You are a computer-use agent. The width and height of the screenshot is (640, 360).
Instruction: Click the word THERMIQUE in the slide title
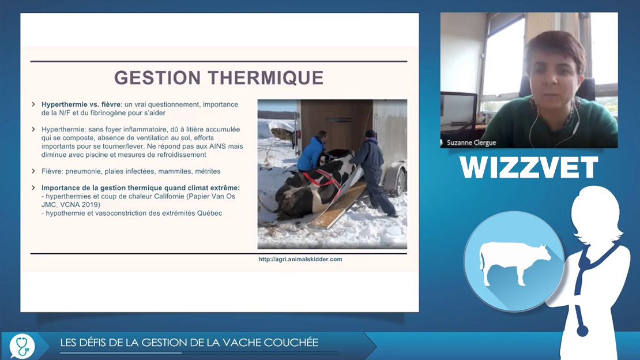click(x=265, y=78)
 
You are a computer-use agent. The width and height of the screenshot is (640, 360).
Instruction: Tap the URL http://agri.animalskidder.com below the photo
click(x=300, y=259)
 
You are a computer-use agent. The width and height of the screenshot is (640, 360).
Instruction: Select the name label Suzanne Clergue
click(x=472, y=142)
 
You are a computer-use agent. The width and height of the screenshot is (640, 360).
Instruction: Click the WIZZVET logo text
click(x=529, y=167)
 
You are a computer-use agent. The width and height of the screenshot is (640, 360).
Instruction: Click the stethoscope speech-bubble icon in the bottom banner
click(x=22, y=346)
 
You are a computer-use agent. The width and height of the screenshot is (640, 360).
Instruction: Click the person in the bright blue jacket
click(x=311, y=151)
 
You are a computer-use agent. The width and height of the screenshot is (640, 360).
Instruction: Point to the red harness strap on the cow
click(x=322, y=181)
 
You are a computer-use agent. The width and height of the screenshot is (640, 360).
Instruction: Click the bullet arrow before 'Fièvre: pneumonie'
click(x=33, y=171)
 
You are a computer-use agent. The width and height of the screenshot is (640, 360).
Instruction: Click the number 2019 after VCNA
click(x=92, y=205)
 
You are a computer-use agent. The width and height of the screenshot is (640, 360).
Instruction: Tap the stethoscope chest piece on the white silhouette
click(x=582, y=330)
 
